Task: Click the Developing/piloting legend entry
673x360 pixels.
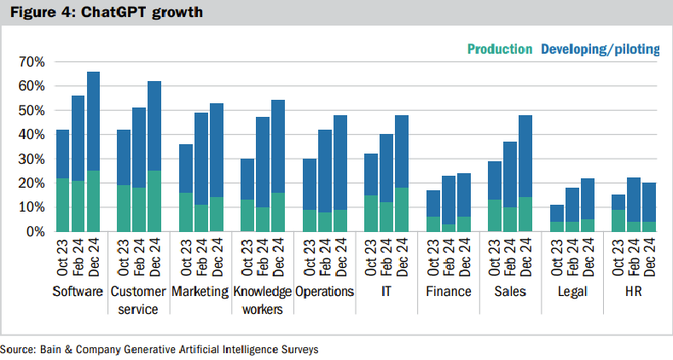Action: click(600, 49)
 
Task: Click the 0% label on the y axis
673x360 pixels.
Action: click(35, 231)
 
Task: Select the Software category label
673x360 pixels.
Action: click(78, 292)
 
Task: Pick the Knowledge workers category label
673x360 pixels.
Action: click(261, 299)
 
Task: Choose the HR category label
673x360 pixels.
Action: click(633, 292)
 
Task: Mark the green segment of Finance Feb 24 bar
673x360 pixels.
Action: click(448, 228)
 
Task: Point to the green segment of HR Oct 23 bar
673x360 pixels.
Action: click(618, 221)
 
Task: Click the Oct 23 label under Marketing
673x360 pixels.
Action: click(185, 258)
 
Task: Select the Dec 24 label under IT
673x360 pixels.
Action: click(402, 258)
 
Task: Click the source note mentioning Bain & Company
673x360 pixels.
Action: click(159, 350)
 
